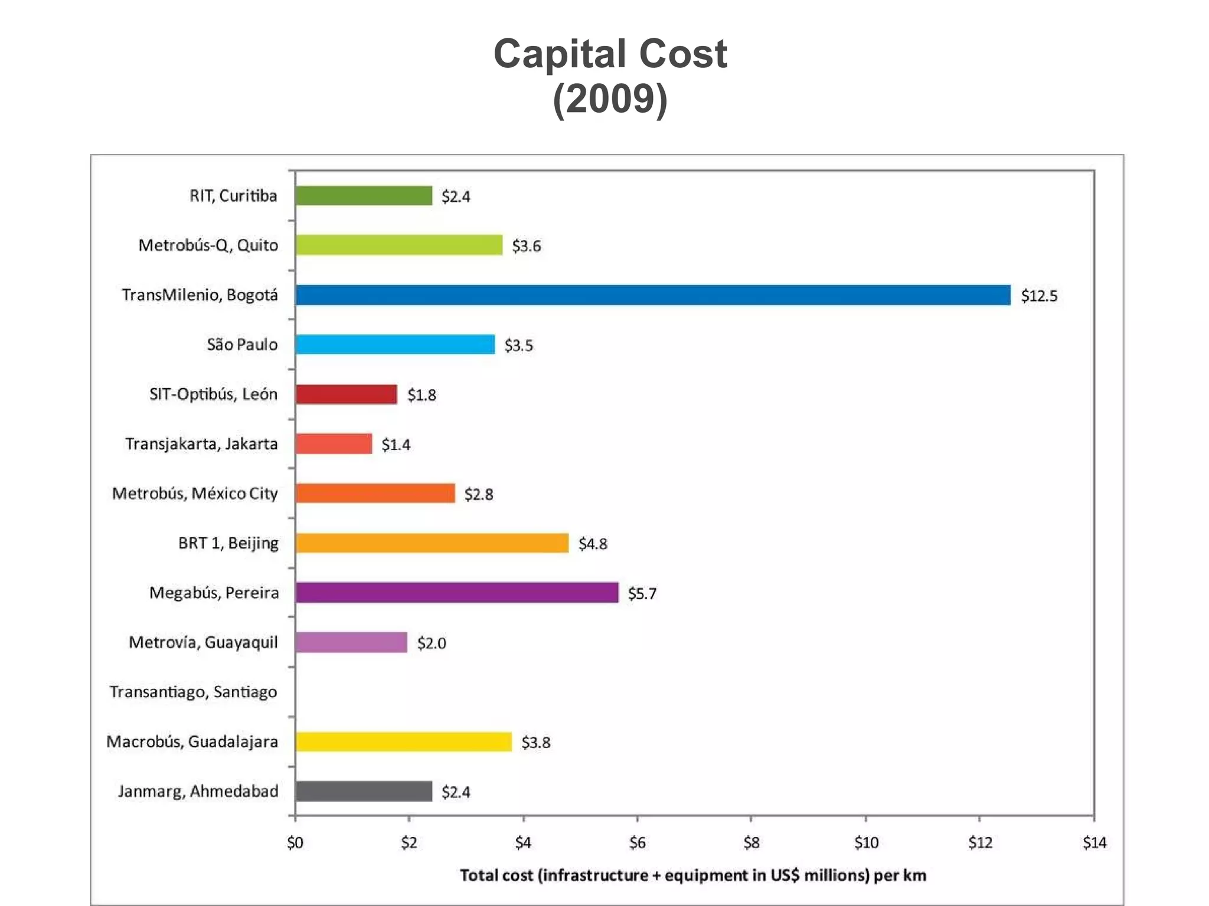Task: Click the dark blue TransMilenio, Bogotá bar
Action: click(652, 295)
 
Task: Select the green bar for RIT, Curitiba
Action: click(364, 196)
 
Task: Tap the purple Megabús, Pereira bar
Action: click(456, 592)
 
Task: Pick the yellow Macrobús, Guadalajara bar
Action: click(403, 741)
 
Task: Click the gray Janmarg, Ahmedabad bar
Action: click(364, 791)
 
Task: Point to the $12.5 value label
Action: click(1039, 296)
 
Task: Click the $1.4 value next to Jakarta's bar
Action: click(396, 444)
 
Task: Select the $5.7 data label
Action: click(642, 593)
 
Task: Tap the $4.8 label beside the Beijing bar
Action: click(593, 544)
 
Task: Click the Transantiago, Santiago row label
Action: click(193, 691)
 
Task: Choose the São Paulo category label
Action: click(242, 344)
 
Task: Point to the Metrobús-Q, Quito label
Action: click(208, 245)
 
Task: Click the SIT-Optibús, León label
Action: click(213, 394)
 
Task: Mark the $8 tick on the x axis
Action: click(751, 843)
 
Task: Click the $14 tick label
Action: click(1094, 843)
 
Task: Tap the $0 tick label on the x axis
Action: click(295, 843)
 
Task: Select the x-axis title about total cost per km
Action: click(692, 875)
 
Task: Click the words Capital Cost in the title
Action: click(610, 54)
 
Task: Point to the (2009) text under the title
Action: click(610, 99)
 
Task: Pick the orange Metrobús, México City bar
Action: click(375, 493)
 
